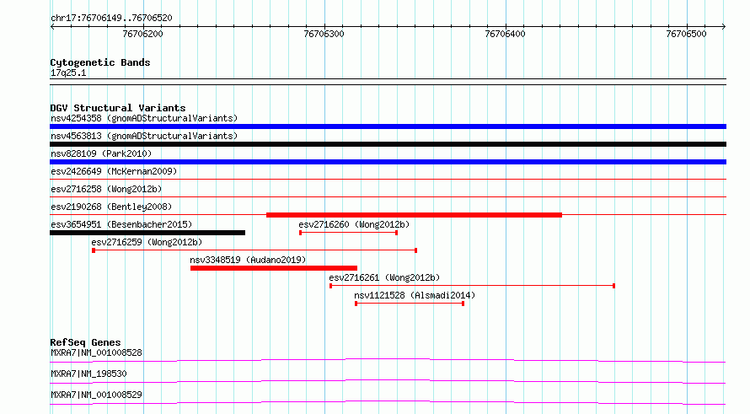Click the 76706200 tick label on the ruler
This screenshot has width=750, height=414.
pos(142,34)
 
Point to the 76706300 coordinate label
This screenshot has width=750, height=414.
pos(324,34)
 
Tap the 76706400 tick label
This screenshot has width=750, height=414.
pos(505,34)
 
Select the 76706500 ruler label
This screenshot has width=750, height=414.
pos(687,34)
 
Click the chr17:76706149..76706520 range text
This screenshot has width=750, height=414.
pos(111,19)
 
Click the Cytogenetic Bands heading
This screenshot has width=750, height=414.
pos(100,62)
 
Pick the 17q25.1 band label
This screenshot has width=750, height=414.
pos(68,73)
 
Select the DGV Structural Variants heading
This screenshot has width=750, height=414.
pos(118,108)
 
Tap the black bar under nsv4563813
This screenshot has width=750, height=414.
pos(388,144)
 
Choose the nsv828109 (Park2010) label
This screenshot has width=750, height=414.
pos(101,154)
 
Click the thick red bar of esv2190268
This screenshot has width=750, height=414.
pos(415,215)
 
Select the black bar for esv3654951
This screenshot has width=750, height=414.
pos(147,233)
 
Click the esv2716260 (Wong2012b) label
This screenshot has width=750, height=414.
pos(354,225)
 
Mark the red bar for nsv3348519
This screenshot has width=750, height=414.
pos(274,268)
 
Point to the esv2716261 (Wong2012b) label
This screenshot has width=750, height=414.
pos(384,278)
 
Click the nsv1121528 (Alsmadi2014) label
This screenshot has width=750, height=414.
pos(415,296)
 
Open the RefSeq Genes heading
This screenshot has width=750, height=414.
pos(85,342)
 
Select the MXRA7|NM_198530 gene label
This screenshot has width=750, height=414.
pos(88,374)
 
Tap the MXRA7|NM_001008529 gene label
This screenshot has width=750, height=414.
pos(96,395)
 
